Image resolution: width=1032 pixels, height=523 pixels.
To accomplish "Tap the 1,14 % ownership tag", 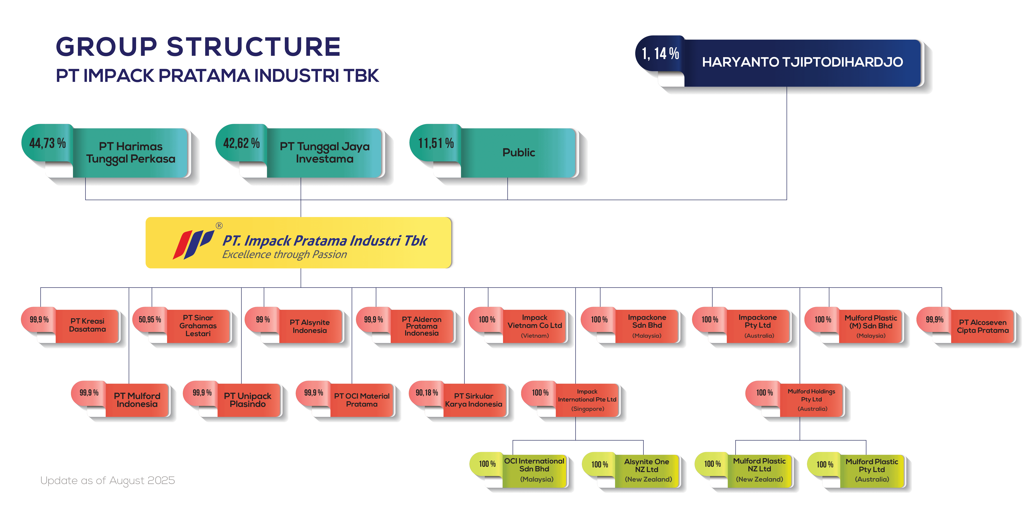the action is (x=660, y=53).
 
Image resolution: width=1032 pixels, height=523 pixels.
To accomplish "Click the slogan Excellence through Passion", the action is (x=284, y=254).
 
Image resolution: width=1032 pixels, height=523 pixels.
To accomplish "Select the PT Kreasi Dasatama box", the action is (x=87, y=325).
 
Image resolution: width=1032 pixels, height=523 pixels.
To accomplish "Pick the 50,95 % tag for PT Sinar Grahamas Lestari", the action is (x=150, y=319).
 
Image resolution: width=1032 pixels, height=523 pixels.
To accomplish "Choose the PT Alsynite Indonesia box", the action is (x=310, y=326).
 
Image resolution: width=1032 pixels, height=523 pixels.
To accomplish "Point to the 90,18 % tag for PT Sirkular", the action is (x=427, y=393).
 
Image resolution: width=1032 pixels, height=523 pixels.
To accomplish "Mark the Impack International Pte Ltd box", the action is (x=587, y=400).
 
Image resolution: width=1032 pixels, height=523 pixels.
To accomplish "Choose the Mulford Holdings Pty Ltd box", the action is (x=812, y=400).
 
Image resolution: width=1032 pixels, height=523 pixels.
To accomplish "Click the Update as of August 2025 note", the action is (x=107, y=481).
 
